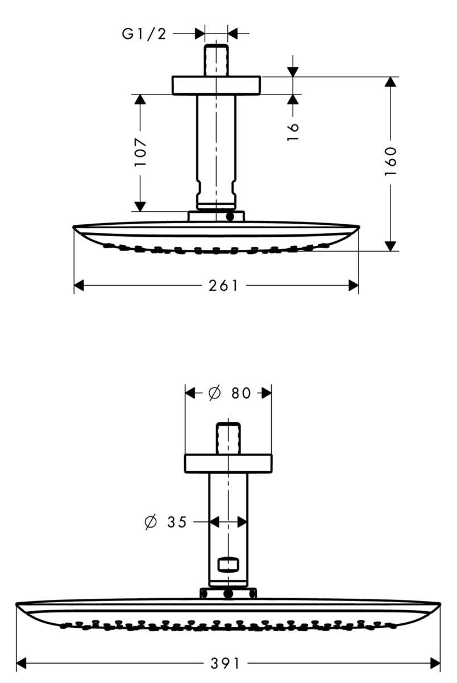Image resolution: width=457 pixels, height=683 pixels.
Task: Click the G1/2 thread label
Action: coord(144,34)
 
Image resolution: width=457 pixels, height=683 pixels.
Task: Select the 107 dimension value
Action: coord(140,152)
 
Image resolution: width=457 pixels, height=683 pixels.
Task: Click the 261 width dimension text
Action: coord(223,286)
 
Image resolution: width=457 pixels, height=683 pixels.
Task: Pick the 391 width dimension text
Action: coord(226,663)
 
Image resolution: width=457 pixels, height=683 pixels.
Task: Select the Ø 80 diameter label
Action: coord(229,393)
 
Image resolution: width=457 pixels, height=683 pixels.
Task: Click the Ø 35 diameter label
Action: coord(165,521)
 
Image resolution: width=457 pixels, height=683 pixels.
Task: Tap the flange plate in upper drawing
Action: coord(216,84)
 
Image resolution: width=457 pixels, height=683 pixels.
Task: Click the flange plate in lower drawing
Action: coord(228,463)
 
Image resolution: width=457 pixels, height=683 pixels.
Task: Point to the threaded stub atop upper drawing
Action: coord(216,59)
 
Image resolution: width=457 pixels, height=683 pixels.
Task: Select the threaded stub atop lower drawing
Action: coord(228,438)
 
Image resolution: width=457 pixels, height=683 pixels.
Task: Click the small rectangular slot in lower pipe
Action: coord(228,565)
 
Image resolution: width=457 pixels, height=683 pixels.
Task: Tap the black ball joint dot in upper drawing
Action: coord(230,217)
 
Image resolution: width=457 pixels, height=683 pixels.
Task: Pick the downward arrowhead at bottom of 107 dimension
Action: coord(140,205)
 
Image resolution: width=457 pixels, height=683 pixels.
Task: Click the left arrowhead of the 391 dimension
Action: coord(22,663)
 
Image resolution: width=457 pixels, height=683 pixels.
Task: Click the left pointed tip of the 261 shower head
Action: coord(74,227)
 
